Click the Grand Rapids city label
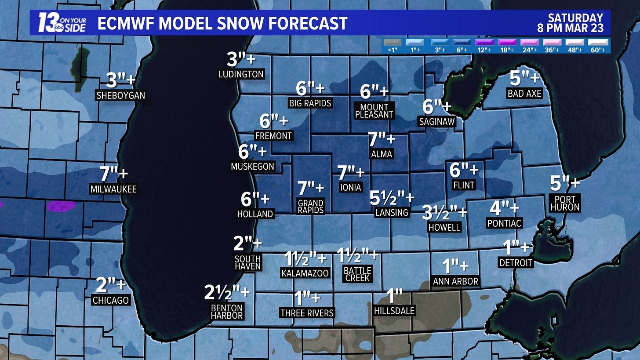click(311, 206)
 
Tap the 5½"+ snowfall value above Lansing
click(392, 198)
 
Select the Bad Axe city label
click(524, 93)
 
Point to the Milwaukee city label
click(113, 189)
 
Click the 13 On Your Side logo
click(62, 22)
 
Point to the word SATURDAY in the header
click(575, 18)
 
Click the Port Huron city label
click(564, 203)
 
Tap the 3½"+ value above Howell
click(444, 212)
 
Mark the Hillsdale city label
click(394, 311)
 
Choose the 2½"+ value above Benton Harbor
click(227, 293)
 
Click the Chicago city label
click(111, 300)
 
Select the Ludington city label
click(241, 74)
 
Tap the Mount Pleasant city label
click(374, 111)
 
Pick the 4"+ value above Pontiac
click(504, 207)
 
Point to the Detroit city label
click(516, 263)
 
